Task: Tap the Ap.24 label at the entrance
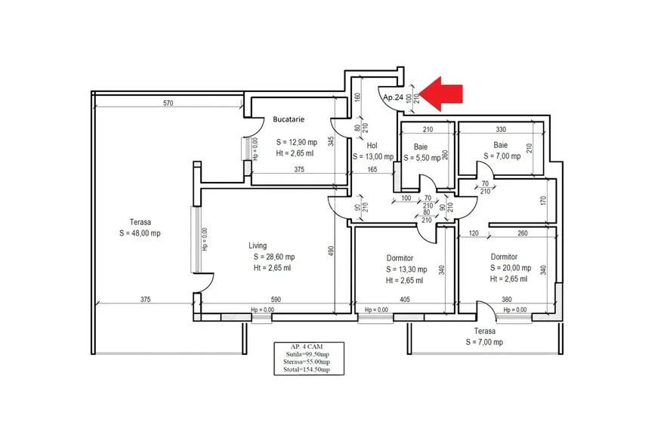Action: pos(393,98)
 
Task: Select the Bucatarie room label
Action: pos(289,120)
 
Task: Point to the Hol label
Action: pos(371,146)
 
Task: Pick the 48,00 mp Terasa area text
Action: pos(140,233)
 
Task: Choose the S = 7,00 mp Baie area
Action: pos(500,156)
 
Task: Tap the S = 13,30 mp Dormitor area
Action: pos(406,269)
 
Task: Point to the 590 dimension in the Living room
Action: pos(276,300)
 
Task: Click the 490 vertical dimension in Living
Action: pos(330,251)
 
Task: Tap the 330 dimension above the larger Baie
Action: pos(500,129)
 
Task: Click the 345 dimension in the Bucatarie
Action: pos(331,140)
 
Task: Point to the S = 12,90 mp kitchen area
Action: pos(295,142)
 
